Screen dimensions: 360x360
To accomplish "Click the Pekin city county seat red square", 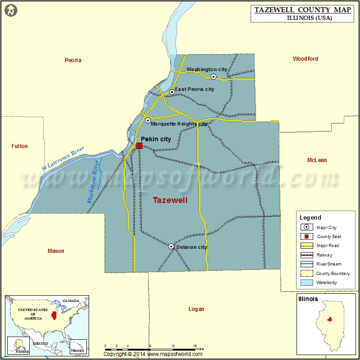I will tap(139, 145).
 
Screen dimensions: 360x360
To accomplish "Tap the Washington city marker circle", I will tap(214, 77).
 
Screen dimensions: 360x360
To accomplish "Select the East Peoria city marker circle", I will tap(172, 92).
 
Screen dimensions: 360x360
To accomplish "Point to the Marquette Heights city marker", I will tap(148, 120).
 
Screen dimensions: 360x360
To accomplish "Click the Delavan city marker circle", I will tap(171, 246).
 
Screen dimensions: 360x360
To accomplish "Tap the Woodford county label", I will tap(305, 59).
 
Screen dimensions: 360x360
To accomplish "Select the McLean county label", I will tap(317, 160).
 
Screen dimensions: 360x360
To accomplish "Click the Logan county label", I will tap(196, 309).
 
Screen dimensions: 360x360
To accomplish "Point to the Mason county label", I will tap(56, 251).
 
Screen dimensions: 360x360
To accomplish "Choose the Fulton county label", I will tap(20, 146).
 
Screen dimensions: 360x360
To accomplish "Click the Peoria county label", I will tap(73, 60).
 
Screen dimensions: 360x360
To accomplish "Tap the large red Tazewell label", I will tap(170, 201).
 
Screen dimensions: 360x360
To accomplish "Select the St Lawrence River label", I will tap(63, 157).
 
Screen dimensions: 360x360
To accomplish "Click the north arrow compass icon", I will tap(11, 10).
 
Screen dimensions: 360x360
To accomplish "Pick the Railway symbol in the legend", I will tap(308, 255).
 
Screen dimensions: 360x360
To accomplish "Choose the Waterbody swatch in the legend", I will tap(308, 283).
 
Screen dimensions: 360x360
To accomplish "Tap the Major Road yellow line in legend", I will tap(308, 246).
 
